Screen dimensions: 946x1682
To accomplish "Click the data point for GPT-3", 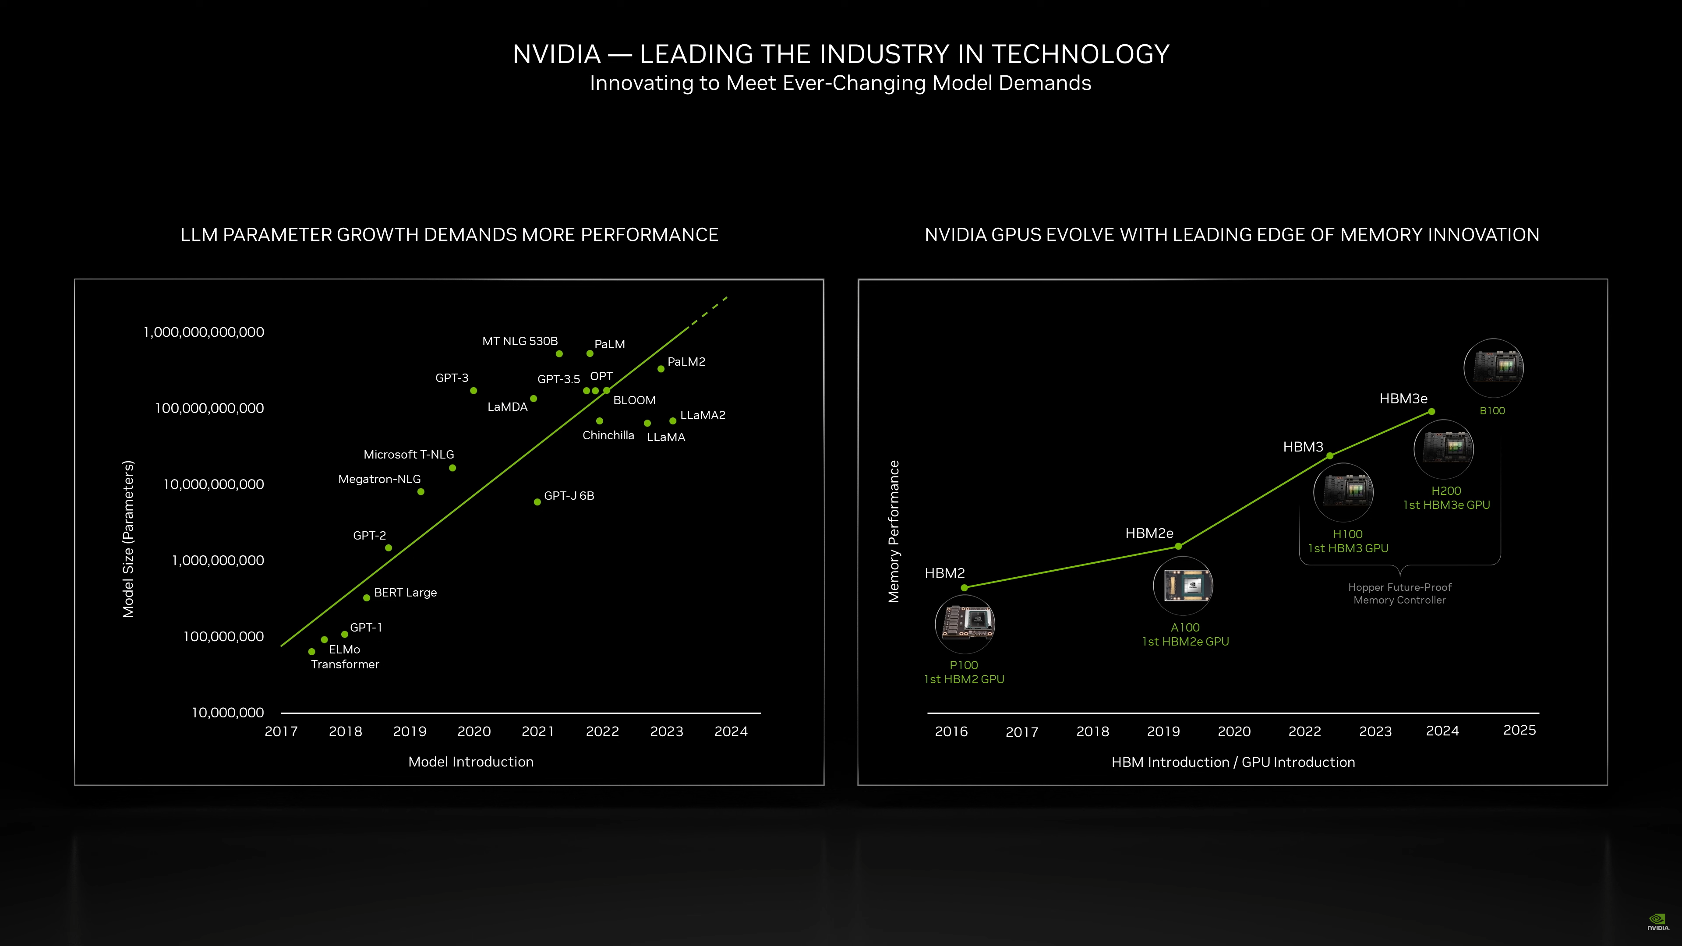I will coord(474,390).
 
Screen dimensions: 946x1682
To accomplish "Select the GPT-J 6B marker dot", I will coord(537,502).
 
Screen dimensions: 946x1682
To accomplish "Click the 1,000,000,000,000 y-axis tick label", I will coord(204,332).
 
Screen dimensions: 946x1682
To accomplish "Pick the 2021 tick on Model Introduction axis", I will coord(538,731).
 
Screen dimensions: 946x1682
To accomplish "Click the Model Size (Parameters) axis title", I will coord(128,539).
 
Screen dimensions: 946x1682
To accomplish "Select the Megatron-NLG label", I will coord(379,479).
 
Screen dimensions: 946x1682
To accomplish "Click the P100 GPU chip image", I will coord(965,624).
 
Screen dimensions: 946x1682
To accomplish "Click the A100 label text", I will coord(1185,628).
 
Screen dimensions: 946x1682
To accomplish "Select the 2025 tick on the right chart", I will coord(1519,731).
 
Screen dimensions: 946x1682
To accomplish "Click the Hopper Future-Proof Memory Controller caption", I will coord(1399,593).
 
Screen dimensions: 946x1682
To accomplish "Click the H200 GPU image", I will coord(1444,449).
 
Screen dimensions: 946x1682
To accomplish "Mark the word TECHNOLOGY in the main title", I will coord(1080,54).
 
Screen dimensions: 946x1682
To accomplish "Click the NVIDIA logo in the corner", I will coord(1657,921).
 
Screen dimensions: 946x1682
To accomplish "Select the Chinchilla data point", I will coord(599,421).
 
